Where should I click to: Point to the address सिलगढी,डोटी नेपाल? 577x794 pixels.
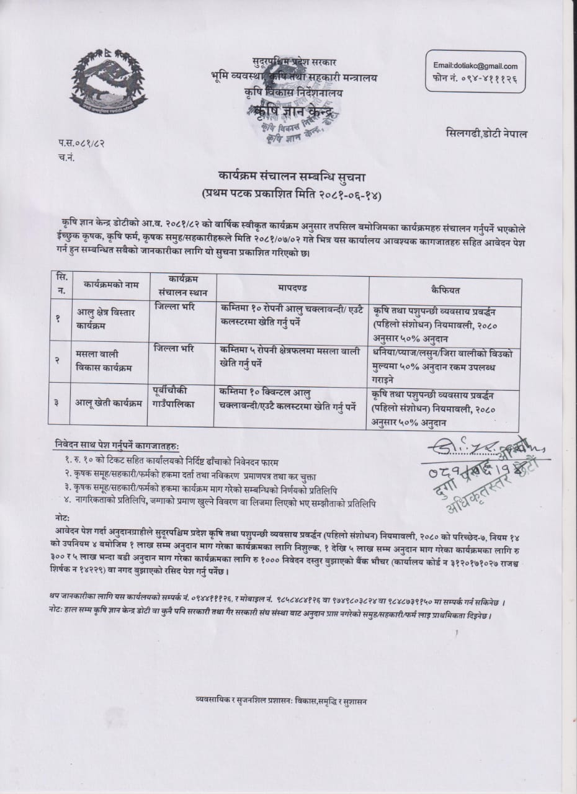coord(486,133)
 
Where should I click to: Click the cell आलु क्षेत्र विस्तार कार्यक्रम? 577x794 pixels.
coord(106,318)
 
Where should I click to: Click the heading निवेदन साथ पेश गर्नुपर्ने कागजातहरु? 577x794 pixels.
coord(116,446)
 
